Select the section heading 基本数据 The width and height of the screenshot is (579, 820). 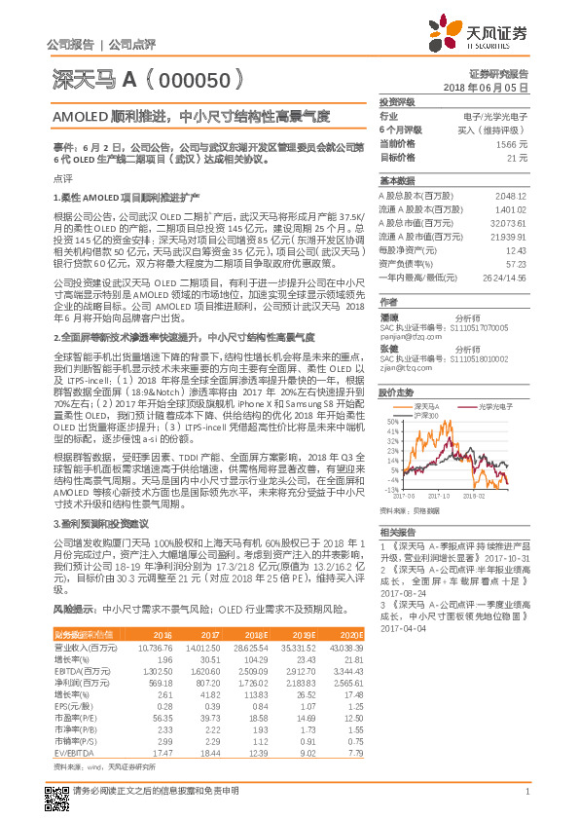[396, 181]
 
